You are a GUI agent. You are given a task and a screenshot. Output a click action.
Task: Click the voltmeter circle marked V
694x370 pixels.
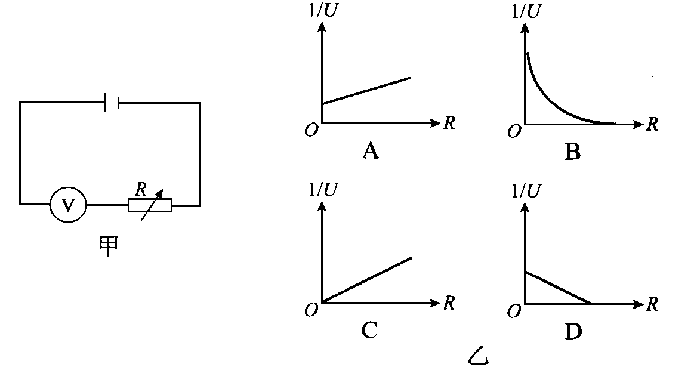pos(68,205)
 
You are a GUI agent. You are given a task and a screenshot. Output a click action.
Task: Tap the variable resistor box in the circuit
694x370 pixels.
pos(150,205)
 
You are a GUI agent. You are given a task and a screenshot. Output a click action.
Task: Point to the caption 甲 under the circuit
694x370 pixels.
pos(107,245)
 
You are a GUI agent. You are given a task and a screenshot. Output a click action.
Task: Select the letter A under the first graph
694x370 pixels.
pos(371,153)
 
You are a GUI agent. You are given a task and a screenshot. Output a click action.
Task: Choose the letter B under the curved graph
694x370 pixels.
pos(572,153)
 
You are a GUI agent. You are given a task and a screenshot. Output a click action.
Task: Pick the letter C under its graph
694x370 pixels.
pos(369,330)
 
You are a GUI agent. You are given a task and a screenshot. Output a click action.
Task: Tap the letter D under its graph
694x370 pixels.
pos(572,331)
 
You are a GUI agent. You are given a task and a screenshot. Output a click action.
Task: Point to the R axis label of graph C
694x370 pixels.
pos(449,303)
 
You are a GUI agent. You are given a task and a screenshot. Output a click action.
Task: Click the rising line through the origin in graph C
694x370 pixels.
pos(367,280)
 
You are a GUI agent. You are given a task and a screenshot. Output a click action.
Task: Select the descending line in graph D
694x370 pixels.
pos(558,288)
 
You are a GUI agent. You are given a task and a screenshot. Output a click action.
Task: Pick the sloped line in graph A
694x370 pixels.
pos(366,91)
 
